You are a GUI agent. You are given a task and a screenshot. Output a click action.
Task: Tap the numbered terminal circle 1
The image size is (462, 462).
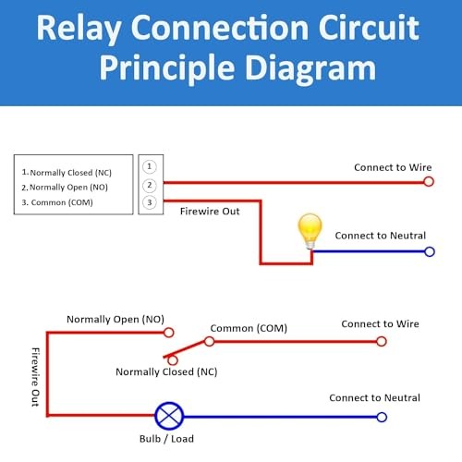click(150, 166)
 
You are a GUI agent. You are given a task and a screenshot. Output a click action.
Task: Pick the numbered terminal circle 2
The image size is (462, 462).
click(150, 184)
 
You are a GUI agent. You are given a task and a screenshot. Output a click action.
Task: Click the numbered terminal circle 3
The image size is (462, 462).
click(150, 201)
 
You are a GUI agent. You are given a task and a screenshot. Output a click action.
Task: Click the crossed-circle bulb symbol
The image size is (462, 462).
click(169, 416)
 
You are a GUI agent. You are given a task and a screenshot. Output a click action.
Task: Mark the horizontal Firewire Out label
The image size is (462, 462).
click(210, 212)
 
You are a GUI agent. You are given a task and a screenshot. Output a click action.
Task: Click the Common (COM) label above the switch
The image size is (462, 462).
click(249, 328)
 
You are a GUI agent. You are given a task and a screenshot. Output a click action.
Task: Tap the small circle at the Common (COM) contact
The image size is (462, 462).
click(210, 341)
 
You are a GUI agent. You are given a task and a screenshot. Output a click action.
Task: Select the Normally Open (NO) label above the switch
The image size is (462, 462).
click(115, 319)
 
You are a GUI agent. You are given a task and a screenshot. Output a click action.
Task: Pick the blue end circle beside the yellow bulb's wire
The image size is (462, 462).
click(429, 251)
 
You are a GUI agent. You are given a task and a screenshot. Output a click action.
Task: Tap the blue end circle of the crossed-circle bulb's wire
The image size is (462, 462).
click(379, 416)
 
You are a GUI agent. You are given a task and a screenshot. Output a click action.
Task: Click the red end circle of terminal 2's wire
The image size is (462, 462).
click(429, 182)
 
